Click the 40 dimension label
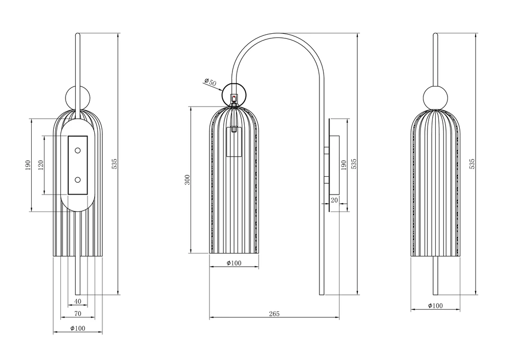coord(78,301)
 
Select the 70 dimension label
coord(78,314)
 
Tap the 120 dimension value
coord(41,165)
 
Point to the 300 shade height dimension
coord(187,180)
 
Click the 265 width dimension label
coord(274,314)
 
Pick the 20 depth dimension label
coord(334,200)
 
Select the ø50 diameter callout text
coord(210,81)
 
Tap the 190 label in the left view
coord(28,165)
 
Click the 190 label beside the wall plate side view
coord(343,165)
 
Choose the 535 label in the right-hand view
coord(472,164)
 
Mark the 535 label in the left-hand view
coord(114,164)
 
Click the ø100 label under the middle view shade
coord(234,263)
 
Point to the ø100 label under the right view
coord(436,306)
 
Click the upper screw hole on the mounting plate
coord(78,151)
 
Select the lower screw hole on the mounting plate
coord(78,180)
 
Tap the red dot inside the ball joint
coord(234,97)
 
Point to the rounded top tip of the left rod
coord(78,33)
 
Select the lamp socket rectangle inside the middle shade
coord(234,142)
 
